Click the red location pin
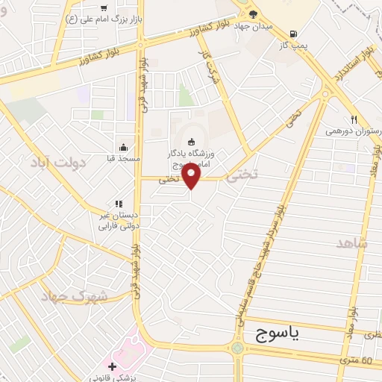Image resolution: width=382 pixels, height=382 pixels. (x=192, y=177)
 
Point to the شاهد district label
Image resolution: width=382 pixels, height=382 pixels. (x=352, y=243)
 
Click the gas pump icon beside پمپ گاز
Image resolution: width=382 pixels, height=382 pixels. (x=293, y=34)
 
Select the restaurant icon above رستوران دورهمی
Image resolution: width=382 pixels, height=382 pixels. (x=354, y=119)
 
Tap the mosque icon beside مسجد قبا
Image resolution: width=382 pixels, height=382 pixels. (x=123, y=147)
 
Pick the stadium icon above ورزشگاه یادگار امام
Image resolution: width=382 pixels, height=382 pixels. (x=191, y=142)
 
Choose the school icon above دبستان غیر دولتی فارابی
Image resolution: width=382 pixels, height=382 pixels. (x=118, y=203)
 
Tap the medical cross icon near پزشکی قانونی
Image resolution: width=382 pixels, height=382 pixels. (x=112, y=366)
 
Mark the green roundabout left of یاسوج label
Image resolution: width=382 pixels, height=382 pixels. (x=238, y=348)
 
